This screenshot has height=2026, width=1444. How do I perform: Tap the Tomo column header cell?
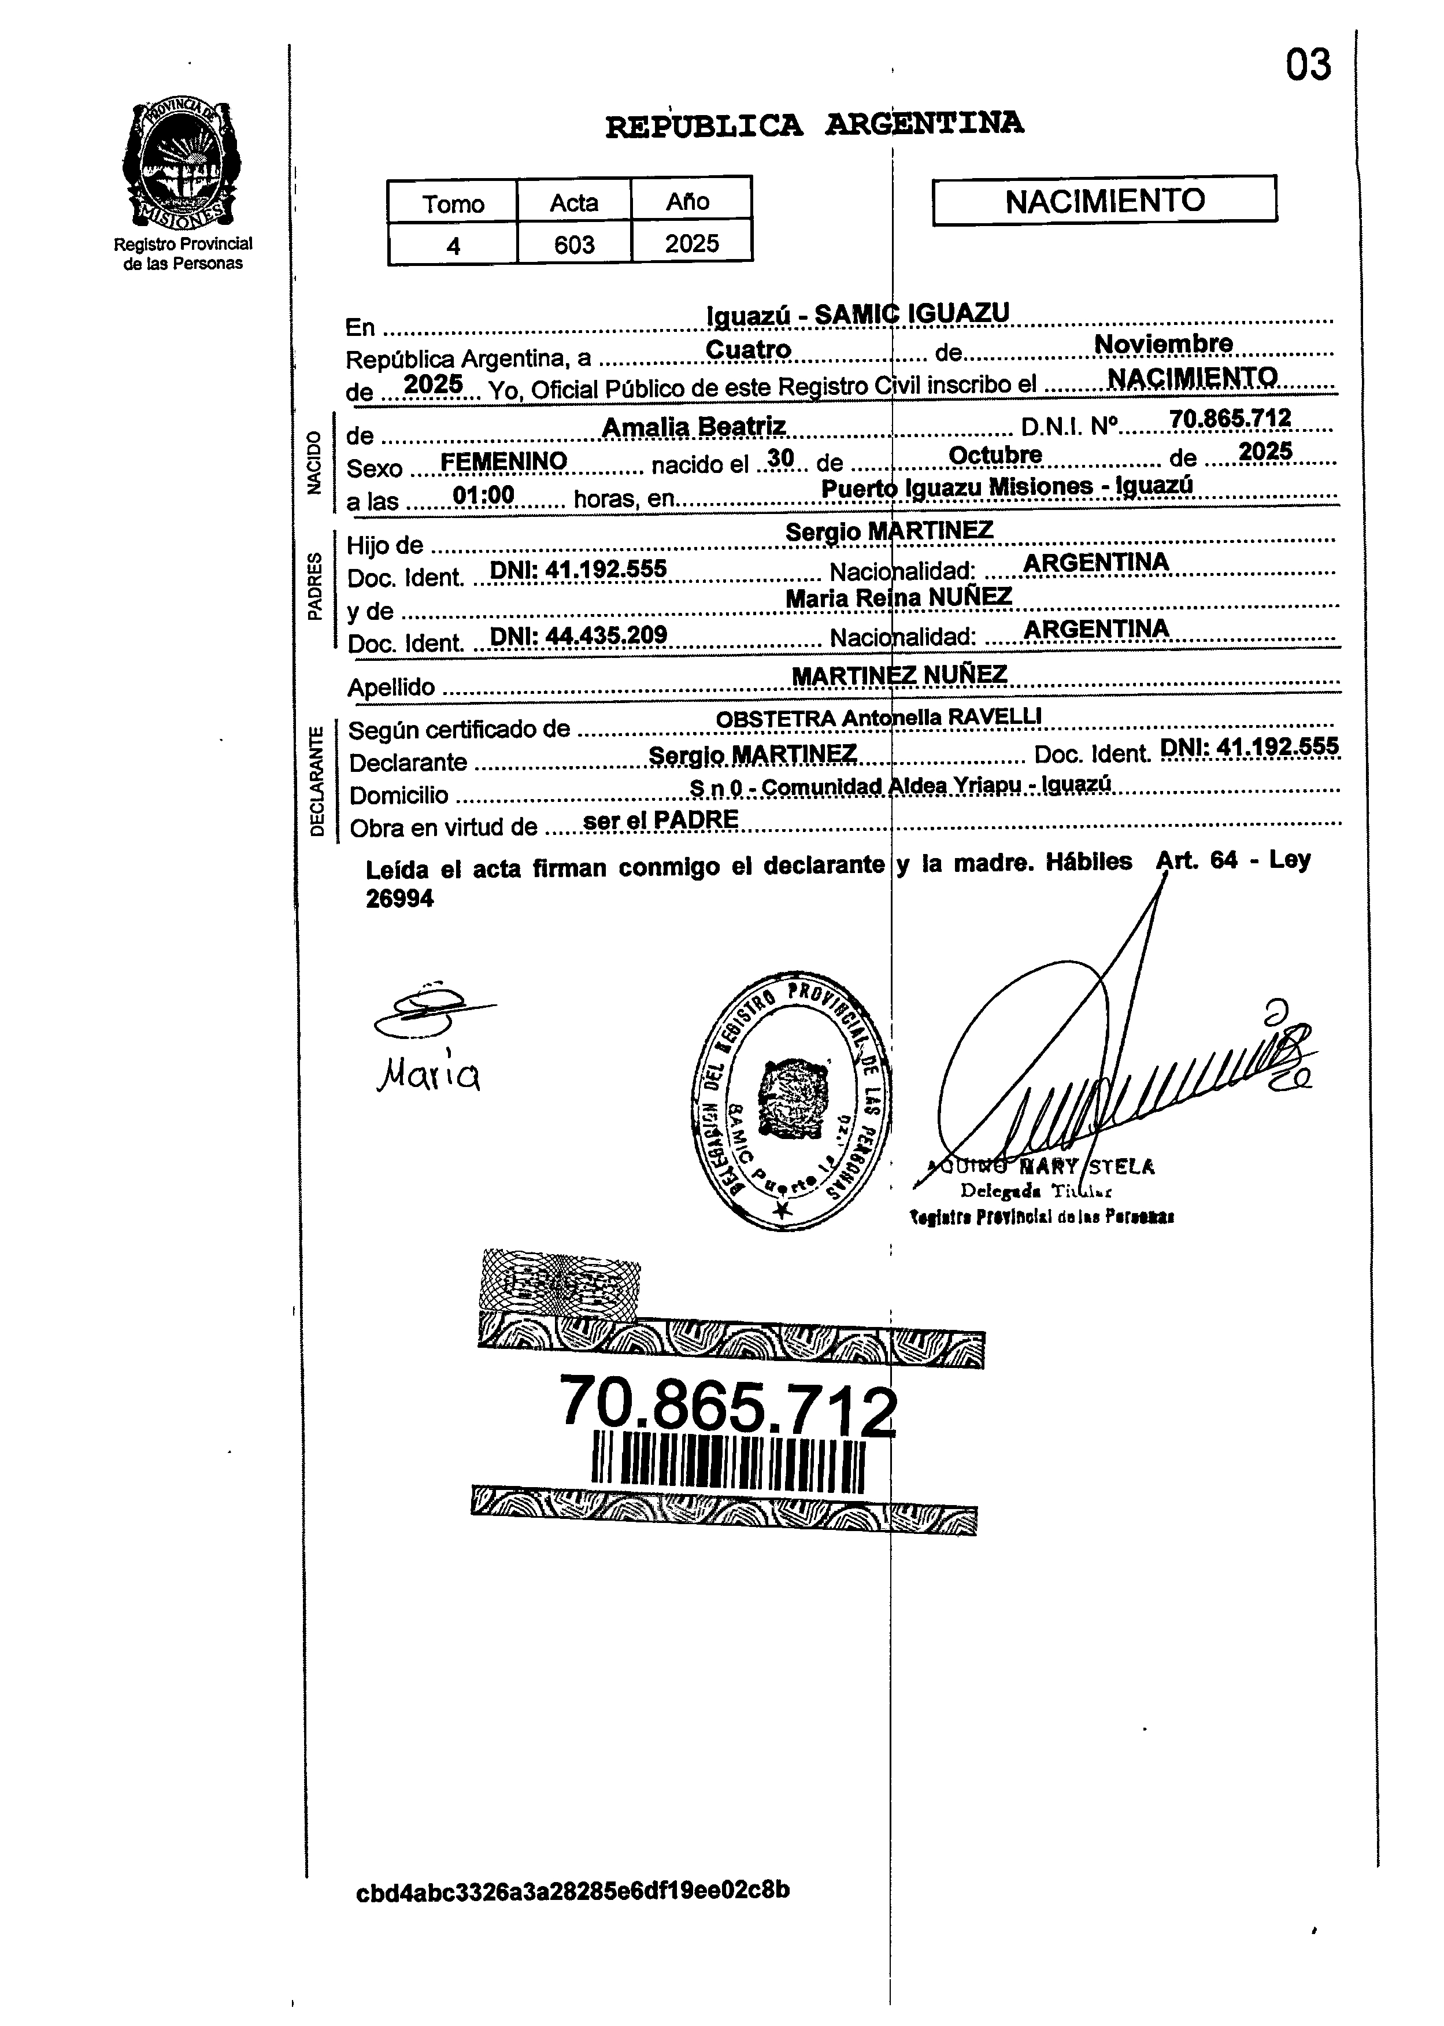[x=453, y=203]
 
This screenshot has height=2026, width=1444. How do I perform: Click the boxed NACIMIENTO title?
[x=1104, y=199]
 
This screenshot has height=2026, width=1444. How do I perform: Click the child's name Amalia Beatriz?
[x=694, y=427]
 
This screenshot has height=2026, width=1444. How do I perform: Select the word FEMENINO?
[x=503, y=461]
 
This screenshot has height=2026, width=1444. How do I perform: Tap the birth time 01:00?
[x=483, y=494]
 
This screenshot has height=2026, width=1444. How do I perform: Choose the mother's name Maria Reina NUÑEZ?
[x=898, y=598]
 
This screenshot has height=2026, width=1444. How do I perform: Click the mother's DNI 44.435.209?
[x=579, y=633]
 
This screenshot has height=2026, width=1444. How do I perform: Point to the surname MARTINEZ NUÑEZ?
[x=899, y=675]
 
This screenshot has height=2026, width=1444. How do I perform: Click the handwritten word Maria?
[x=428, y=1077]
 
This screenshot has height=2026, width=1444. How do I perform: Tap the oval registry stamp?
[x=791, y=1104]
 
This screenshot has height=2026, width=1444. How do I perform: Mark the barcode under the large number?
[x=727, y=1461]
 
